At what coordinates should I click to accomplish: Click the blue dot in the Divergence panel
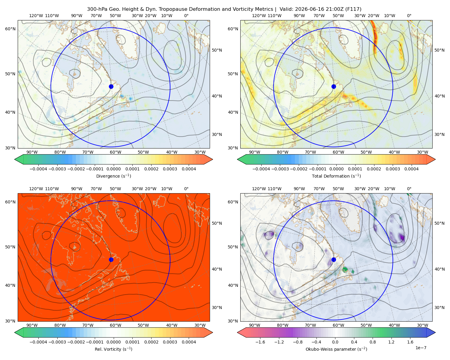(111, 86)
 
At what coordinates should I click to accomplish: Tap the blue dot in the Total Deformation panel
(334, 86)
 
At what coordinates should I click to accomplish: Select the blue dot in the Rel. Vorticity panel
(111, 259)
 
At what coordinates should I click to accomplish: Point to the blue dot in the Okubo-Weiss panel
(334, 259)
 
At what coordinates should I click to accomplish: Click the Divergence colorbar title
(113, 176)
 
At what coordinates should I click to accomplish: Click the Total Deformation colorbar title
(336, 176)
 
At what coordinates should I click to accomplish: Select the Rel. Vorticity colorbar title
(113, 349)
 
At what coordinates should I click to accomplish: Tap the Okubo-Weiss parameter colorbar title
(336, 349)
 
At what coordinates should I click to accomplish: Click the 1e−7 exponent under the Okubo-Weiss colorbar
(421, 348)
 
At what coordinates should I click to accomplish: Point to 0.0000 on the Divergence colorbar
(113, 169)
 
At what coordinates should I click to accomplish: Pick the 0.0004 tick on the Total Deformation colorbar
(411, 169)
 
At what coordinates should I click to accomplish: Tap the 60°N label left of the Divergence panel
(10, 29)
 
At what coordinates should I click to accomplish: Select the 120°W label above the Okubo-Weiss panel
(259, 188)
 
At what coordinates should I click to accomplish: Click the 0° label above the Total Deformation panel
(409, 16)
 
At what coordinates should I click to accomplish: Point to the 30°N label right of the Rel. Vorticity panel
(217, 307)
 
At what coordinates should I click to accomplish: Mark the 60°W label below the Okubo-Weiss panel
(338, 325)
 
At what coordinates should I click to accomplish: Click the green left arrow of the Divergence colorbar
(19, 159)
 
